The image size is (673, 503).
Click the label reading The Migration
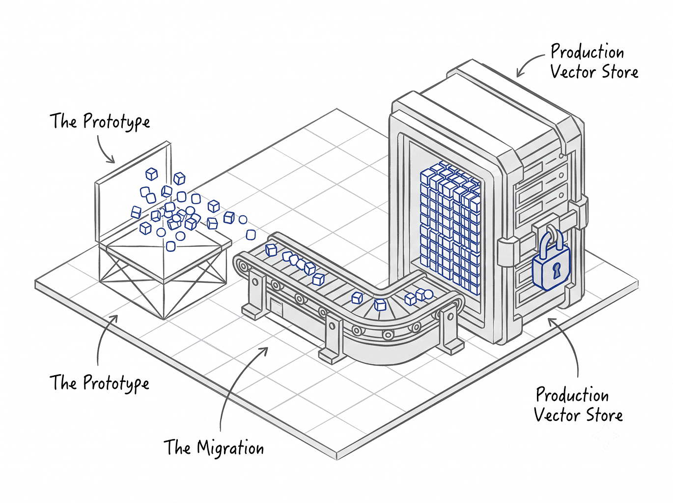click(214, 447)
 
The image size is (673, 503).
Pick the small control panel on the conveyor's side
click(277, 307)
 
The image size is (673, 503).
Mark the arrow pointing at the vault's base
click(567, 342)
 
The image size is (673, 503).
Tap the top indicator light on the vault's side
click(561, 156)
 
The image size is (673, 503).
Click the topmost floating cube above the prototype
click(151, 174)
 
